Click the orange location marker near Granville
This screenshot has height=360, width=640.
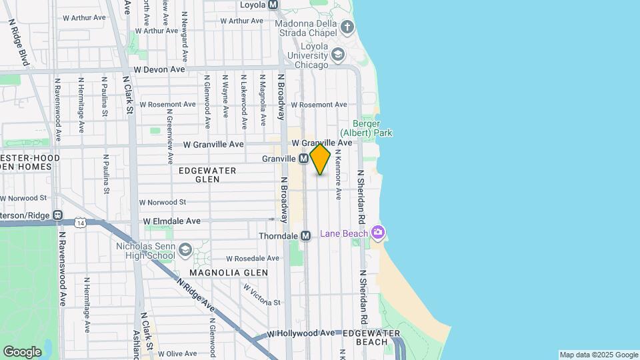click(320, 159)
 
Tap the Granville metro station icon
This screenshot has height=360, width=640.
click(303, 159)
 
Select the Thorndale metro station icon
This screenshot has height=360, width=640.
click(305, 236)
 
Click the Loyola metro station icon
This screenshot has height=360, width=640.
click(272, 5)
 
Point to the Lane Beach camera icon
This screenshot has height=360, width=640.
click(379, 233)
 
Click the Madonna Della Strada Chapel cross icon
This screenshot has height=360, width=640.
click(347, 27)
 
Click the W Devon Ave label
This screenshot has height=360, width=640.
click(159, 69)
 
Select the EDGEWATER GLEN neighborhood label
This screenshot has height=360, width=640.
click(207, 175)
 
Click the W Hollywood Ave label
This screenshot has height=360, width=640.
click(301, 333)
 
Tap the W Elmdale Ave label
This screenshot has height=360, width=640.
click(171, 221)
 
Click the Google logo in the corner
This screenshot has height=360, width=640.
click(22, 351)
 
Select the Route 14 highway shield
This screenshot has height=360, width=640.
click(80, 221)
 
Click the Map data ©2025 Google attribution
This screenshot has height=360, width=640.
click(599, 355)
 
